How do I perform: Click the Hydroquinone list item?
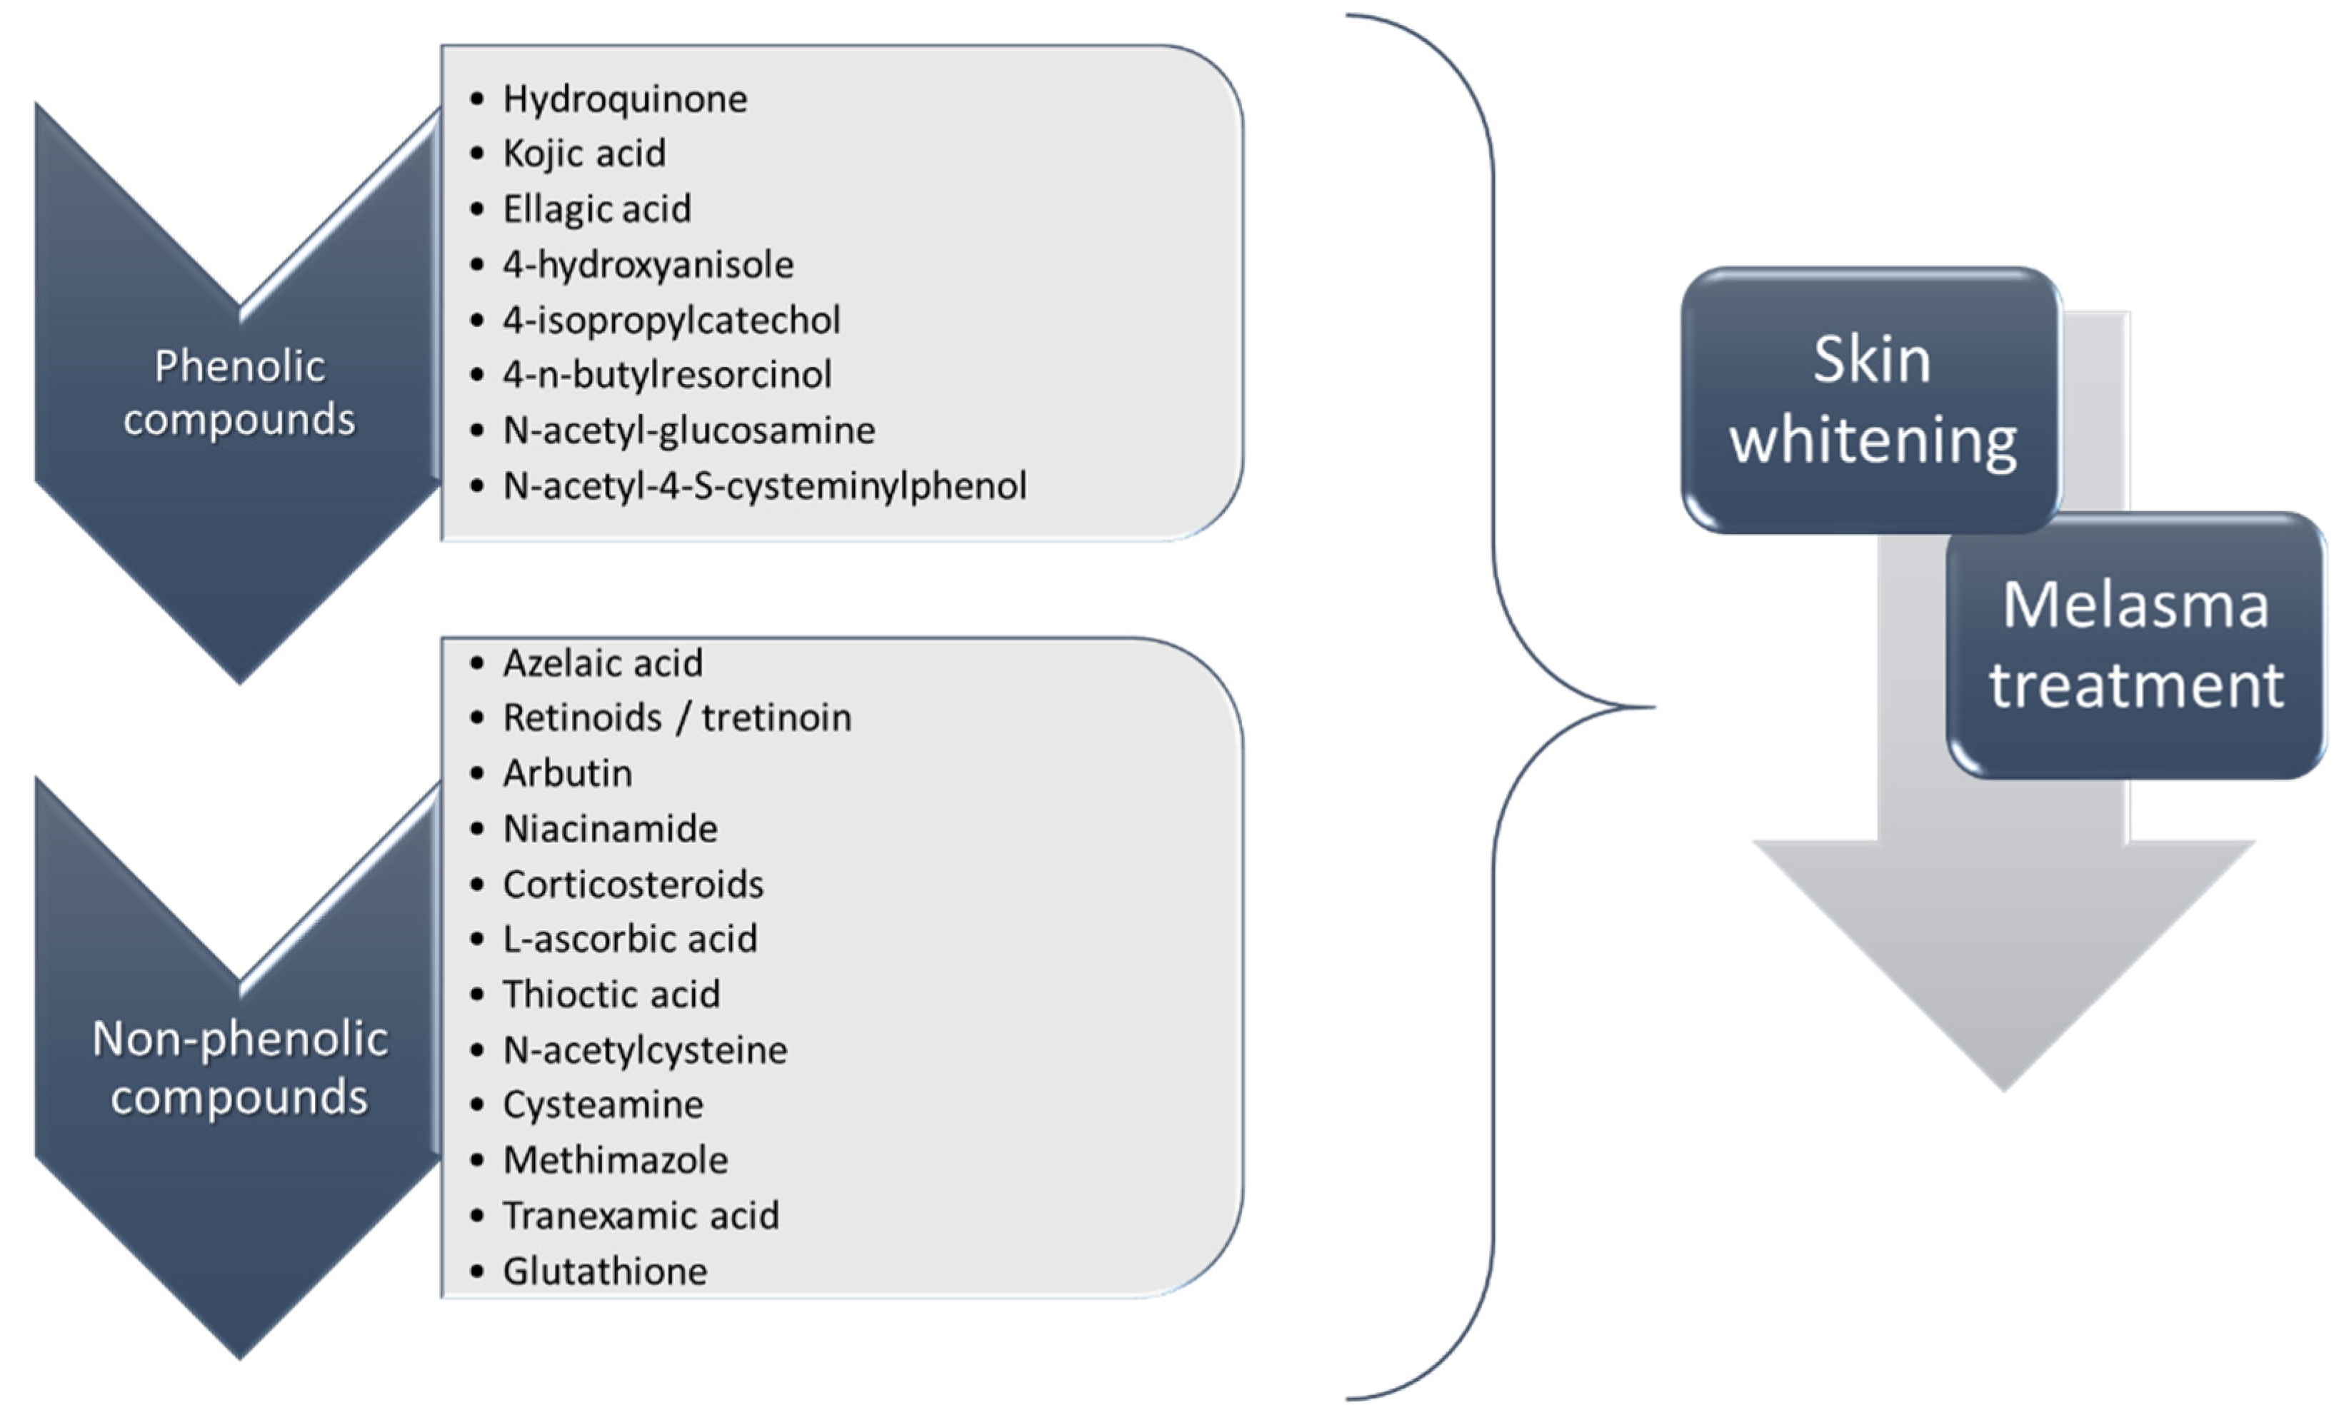[624, 99]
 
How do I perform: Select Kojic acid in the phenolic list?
[584, 153]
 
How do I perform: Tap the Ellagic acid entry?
[596, 209]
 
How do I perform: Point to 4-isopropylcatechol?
[671, 320]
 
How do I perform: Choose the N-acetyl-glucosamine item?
[688, 430]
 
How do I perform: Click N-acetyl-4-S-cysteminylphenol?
[764, 486]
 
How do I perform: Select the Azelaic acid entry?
[602, 663]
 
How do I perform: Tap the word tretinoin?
[776, 718]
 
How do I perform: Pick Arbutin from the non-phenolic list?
[567, 773]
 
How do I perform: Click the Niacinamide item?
[610, 828]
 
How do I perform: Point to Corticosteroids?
[633, 885]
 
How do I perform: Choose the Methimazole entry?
[614, 1160]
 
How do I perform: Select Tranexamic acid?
[640, 1215]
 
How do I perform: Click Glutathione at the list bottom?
[605, 1272]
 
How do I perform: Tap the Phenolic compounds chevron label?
[239, 393]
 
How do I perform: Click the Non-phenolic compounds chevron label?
[239, 1067]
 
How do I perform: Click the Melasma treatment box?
[2135, 645]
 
